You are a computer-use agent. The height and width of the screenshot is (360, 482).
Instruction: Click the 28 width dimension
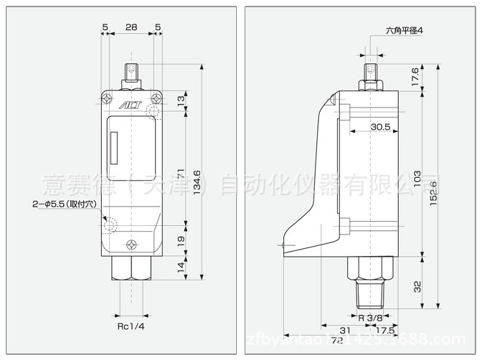pyautogui.click(x=131, y=27)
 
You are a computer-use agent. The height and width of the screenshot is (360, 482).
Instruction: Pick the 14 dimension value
pyautogui.click(x=180, y=268)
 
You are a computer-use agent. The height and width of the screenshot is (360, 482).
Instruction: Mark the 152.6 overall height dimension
pyautogui.click(x=433, y=190)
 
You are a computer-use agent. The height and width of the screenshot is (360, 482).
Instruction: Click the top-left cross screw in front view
pyautogui.click(x=107, y=95)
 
